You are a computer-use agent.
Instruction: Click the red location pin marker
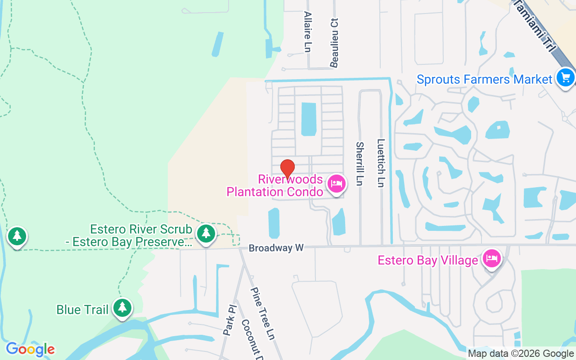point(288,169)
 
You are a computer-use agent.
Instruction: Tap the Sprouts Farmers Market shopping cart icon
point(565,78)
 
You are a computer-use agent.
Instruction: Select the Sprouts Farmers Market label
point(484,80)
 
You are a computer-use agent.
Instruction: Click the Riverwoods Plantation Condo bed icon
point(337,184)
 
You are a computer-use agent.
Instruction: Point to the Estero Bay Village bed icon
point(492,259)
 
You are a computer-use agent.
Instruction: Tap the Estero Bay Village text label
point(427,261)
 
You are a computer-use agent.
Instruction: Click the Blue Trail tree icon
point(122,308)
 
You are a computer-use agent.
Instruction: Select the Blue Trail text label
point(82,310)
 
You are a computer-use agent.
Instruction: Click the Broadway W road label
point(276,248)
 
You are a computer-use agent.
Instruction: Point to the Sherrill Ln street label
point(360,164)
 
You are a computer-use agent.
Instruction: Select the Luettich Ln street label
point(381,162)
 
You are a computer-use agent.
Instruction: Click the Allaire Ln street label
point(308,31)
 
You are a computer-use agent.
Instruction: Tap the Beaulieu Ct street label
point(334,43)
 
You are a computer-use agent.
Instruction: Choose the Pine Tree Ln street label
point(262,313)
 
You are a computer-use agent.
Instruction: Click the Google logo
point(30,349)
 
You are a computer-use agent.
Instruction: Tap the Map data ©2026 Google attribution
point(521,354)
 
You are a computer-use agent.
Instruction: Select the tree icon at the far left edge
point(17,235)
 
